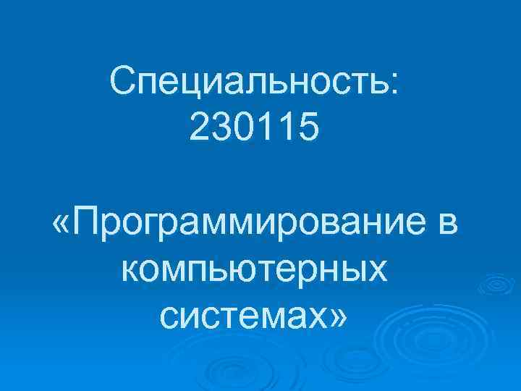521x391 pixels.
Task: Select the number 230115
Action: tap(254, 128)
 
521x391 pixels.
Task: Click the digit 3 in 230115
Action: tap(222, 128)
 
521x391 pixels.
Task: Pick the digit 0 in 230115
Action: tap(244, 128)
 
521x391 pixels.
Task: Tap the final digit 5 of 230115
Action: tap(308, 128)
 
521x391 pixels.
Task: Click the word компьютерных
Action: tap(254, 270)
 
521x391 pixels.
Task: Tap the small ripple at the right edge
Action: tap(497, 285)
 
